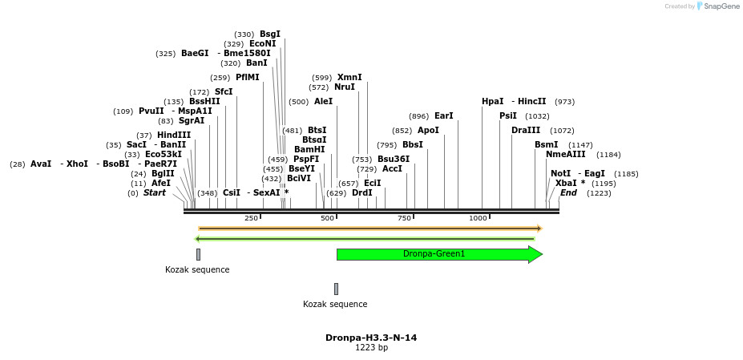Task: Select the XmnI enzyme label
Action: (349, 77)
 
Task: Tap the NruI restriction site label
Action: (344, 87)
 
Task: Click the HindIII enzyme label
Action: (174, 135)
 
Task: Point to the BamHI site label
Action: (309, 149)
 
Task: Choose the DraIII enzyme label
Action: (526, 130)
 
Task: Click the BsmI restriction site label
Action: (547, 144)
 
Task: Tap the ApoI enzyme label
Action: (428, 130)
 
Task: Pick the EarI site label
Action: (443, 115)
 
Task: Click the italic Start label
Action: (155, 192)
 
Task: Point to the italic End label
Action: (568, 192)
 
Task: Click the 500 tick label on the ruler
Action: (327, 218)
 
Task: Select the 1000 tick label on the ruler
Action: (479, 218)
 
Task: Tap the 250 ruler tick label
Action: (251, 218)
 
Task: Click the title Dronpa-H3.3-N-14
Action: (371, 338)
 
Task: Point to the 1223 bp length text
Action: (371, 347)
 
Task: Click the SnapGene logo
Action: (719, 6)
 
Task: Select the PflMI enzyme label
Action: (248, 77)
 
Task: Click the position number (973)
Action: (564, 102)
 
